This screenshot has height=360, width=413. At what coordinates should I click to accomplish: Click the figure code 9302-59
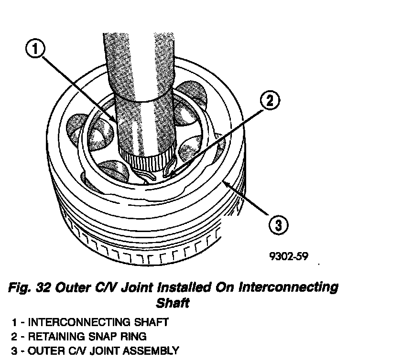tap(288, 256)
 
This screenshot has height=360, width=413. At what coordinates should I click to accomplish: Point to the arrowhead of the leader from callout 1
tap(114, 121)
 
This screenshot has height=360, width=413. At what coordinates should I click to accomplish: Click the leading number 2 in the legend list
tap(15, 337)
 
